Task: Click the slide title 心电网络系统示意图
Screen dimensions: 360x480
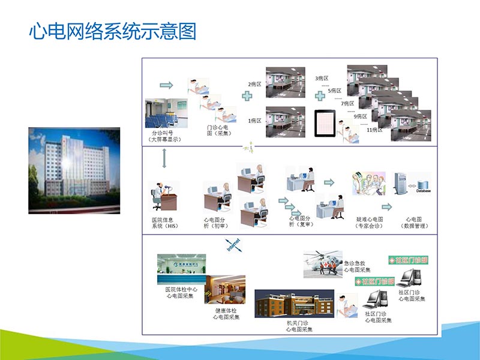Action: tap(113, 31)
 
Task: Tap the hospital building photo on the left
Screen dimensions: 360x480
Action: tap(74, 170)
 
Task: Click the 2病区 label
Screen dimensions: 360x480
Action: tap(254, 85)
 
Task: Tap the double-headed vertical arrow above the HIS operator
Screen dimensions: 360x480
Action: tap(164, 158)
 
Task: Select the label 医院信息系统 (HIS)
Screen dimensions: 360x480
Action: tap(164, 223)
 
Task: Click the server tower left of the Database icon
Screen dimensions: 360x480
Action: tap(400, 186)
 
